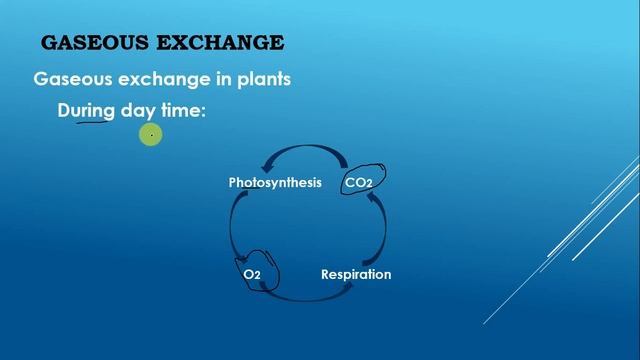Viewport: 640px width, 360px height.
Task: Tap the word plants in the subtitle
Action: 261,78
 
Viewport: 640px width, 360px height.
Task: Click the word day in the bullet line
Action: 138,111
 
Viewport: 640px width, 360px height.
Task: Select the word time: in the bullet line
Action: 183,111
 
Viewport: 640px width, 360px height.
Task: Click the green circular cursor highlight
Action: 150,135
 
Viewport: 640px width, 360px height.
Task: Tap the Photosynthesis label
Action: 275,183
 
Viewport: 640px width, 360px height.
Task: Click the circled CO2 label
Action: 358,183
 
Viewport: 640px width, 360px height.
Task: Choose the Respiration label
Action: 356,273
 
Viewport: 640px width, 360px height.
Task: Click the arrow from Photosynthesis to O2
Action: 236,225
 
